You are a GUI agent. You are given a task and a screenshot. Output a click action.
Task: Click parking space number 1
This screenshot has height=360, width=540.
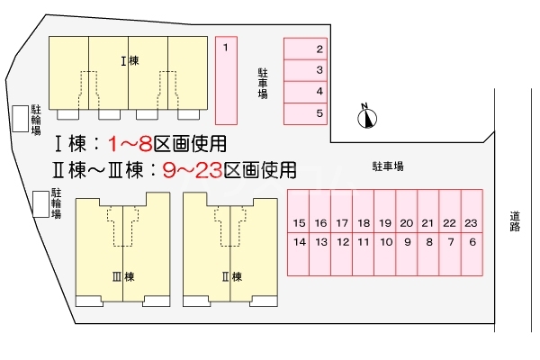(x=226, y=79)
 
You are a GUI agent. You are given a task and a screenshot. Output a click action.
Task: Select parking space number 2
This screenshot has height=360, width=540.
(x=306, y=49)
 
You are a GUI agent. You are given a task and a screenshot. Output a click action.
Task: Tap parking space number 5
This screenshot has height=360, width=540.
(x=306, y=113)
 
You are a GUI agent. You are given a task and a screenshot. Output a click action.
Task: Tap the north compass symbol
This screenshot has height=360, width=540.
(x=368, y=116)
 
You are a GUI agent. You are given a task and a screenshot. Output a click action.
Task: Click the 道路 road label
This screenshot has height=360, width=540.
(x=515, y=221)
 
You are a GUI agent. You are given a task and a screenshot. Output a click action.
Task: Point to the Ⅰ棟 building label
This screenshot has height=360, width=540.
(x=128, y=61)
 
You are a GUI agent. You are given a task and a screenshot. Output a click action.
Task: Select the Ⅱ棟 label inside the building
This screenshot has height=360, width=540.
(x=230, y=276)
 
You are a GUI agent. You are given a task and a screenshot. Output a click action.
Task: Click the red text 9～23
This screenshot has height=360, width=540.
(x=192, y=168)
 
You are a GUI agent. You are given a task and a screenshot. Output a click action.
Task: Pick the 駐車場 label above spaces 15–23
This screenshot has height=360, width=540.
(x=387, y=166)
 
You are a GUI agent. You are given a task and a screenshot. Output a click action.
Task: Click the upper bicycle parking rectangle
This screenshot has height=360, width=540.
(x=19, y=119)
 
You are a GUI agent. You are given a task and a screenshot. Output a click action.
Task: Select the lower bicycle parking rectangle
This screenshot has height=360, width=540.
(x=40, y=204)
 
